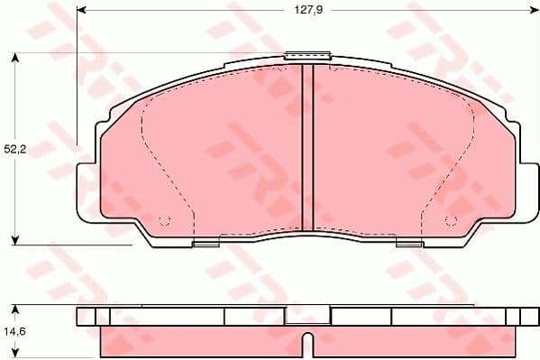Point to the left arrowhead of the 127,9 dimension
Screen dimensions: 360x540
(81, 11)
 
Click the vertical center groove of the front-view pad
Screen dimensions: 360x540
(307, 149)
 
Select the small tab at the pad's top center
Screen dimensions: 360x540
(307, 57)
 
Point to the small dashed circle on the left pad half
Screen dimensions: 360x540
(163, 219)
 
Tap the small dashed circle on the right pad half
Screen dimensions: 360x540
(449, 219)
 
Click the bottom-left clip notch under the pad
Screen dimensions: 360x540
(206, 242)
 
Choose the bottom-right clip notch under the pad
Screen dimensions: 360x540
(407, 242)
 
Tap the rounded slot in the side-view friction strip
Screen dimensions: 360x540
(307, 346)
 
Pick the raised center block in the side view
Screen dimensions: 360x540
(307, 316)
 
